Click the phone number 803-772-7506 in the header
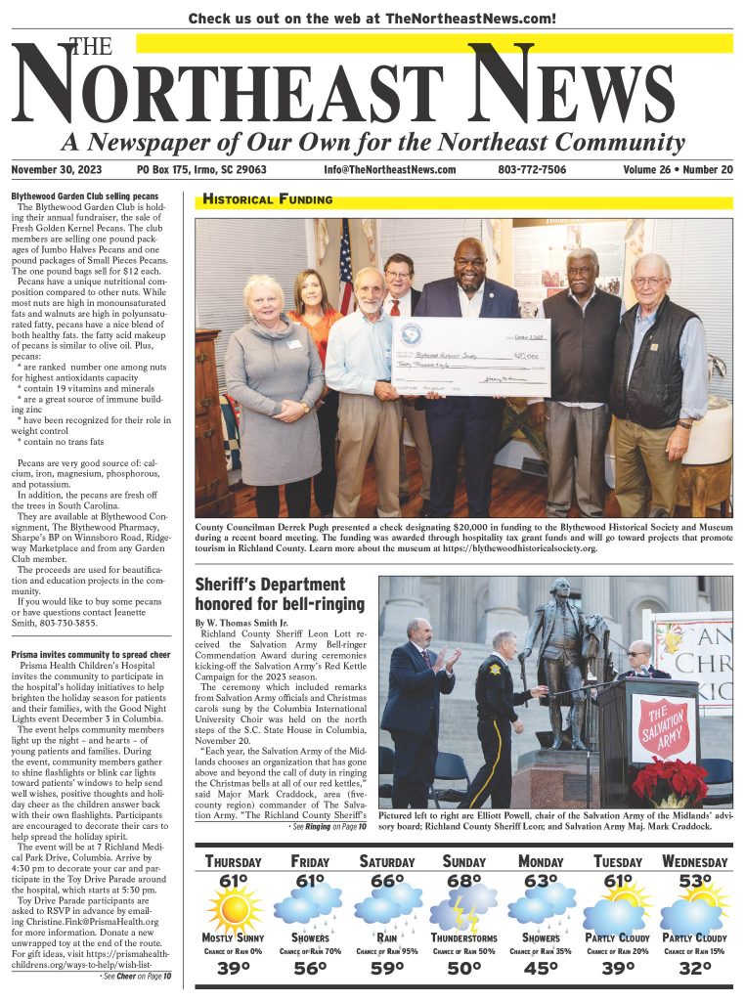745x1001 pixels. click(532, 170)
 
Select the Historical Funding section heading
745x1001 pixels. click(267, 200)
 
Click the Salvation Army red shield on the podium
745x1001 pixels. click(663, 728)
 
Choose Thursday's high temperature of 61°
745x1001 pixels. click(233, 883)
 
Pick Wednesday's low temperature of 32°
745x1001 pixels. click(695, 971)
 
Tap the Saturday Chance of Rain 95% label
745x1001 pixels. click(386, 951)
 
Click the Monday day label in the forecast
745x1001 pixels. click(541, 862)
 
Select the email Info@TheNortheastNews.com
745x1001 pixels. click(390, 170)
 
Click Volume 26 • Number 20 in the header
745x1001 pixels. click(678, 170)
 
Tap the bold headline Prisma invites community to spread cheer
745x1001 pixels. click(91, 654)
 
